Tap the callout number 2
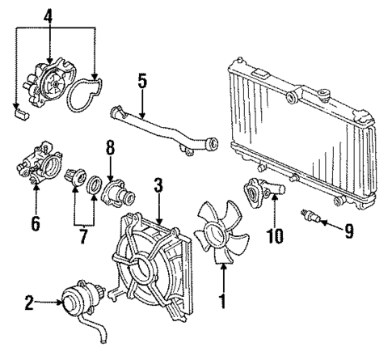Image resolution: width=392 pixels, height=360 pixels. [x=28, y=304]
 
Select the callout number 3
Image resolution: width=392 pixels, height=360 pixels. [x=159, y=184]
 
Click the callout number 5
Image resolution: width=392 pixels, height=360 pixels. [x=141, y=82]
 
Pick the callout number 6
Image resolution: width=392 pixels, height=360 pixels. [x=36, y=221]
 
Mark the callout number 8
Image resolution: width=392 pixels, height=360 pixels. [x=111, y=148]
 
